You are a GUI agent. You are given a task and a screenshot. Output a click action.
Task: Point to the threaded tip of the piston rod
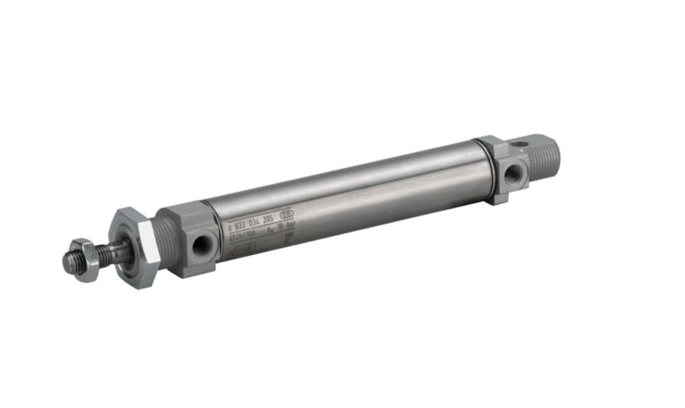click(68, 263)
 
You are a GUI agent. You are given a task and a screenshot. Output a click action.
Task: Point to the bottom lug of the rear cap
click(498, 198)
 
